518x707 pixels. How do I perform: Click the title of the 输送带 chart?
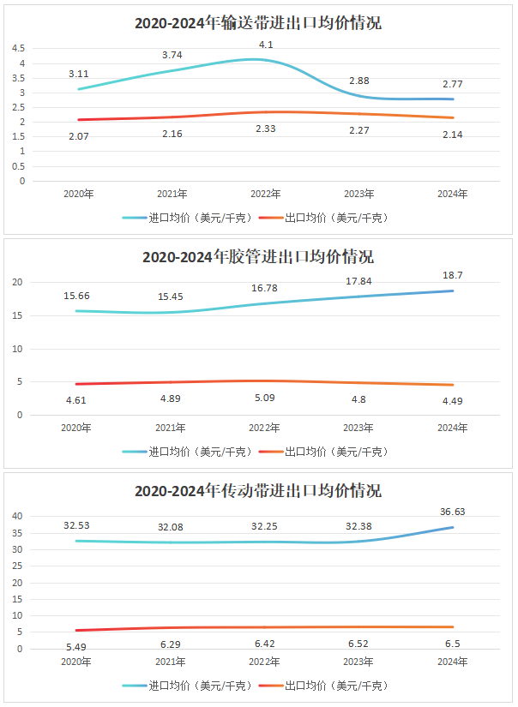[258, 23]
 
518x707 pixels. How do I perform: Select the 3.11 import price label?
[79, 75]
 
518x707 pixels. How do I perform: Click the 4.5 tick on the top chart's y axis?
[19, 49]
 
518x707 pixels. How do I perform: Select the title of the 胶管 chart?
[258, 257]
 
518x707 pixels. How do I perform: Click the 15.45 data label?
[171, 296]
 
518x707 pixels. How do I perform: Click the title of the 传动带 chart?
[258, 491]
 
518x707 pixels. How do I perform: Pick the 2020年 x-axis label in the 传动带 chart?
[79, 662]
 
